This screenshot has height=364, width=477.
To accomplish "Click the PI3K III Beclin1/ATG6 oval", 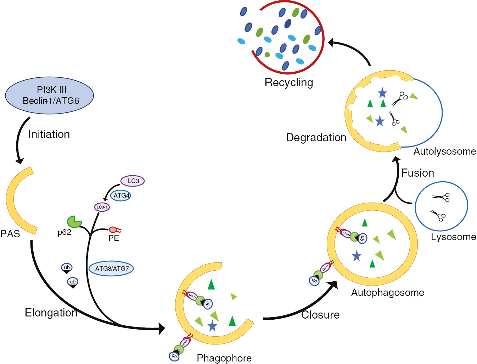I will [49, 95].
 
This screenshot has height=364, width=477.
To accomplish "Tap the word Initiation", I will [49, 134].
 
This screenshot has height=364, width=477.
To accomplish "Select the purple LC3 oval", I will [133, 181].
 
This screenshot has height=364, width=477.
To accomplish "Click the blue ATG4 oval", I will [121, 195].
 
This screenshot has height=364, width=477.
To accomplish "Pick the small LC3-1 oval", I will [102, 207].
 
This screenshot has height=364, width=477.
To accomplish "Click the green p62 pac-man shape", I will [74, 222].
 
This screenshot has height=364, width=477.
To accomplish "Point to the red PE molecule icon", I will [114, 230].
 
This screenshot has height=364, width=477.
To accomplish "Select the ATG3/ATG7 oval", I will [112, 269].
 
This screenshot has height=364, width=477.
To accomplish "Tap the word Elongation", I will [51, 313].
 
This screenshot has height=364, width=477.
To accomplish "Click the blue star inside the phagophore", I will [212, 326].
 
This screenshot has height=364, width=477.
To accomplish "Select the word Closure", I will [320, 315].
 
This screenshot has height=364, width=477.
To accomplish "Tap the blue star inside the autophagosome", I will [357, 256].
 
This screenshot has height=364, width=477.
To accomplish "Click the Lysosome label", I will [453, 237].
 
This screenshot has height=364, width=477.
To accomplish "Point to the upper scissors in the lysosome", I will [441, 197].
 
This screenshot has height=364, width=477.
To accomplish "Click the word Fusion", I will [417, 173].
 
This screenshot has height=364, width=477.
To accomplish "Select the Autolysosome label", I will [444, 151].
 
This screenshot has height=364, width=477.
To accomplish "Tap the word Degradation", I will [316, 138].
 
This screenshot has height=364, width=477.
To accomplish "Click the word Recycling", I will [289, 83].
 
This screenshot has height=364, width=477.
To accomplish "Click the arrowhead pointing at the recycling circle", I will [331, 43].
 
